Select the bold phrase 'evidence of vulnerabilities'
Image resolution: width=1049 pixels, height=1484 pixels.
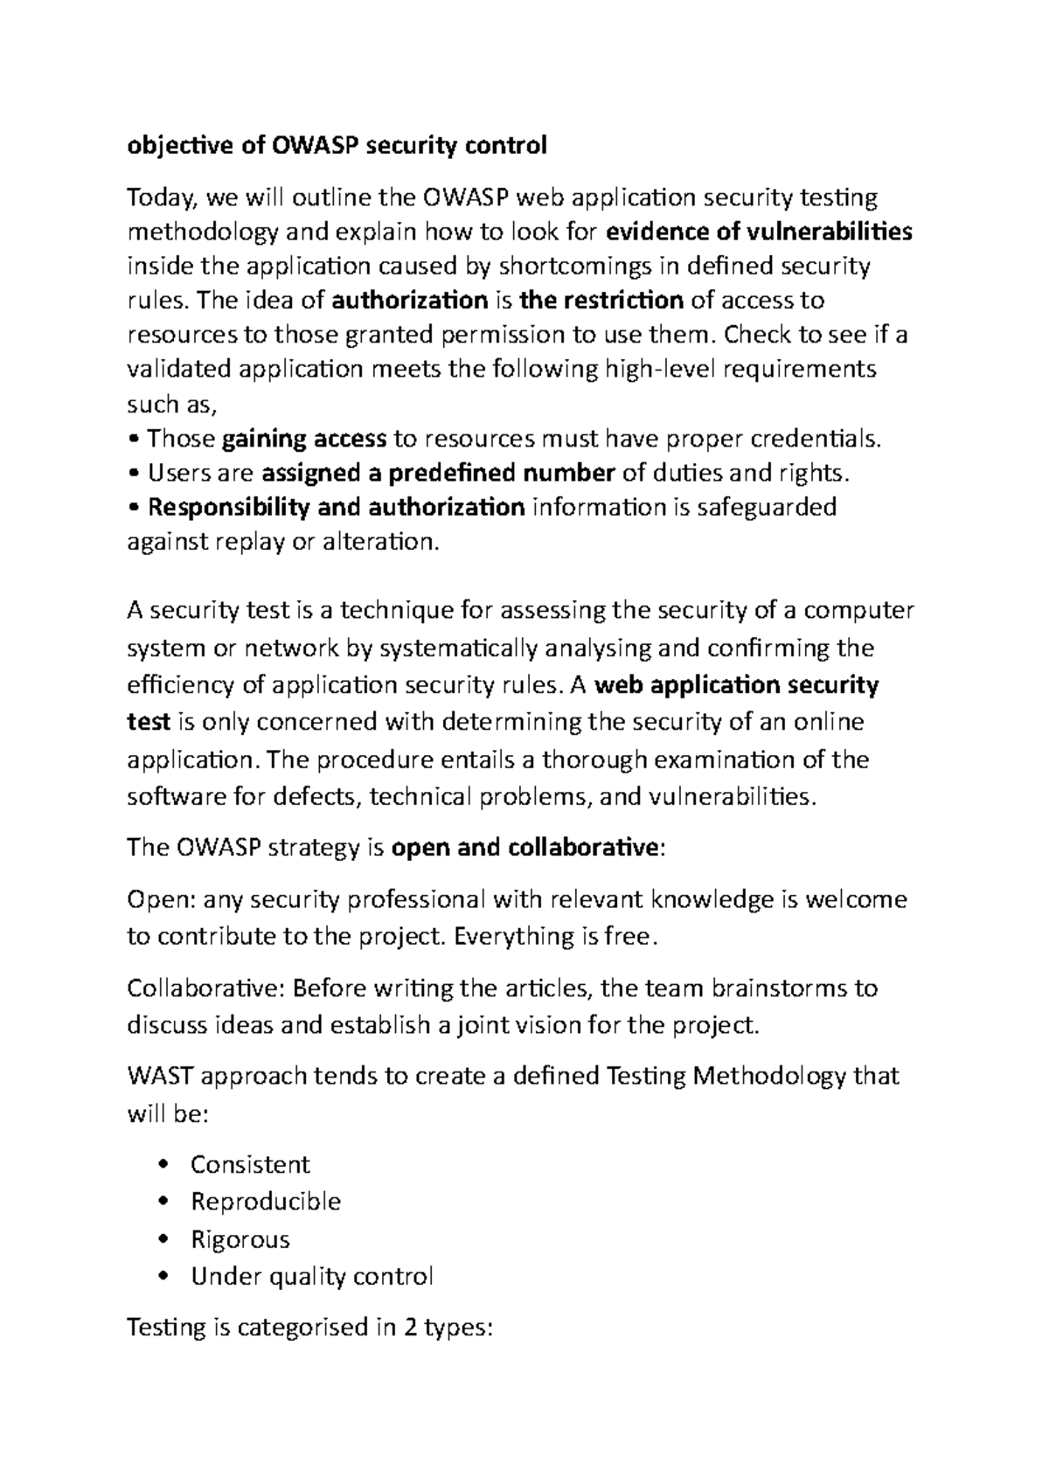click(759, 232)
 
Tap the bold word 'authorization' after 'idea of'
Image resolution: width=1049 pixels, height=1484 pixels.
click(410, 301)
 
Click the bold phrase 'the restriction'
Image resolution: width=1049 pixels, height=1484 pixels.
click(601, 301)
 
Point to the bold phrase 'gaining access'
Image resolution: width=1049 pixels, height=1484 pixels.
click(305, 438)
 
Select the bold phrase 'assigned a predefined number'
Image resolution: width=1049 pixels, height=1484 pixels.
click(439, 473)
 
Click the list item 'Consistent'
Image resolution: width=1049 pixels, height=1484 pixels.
click(250, 1164)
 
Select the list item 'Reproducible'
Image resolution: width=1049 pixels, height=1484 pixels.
click(266, 1202)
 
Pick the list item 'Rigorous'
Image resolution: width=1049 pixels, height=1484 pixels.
click(240, 1239)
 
